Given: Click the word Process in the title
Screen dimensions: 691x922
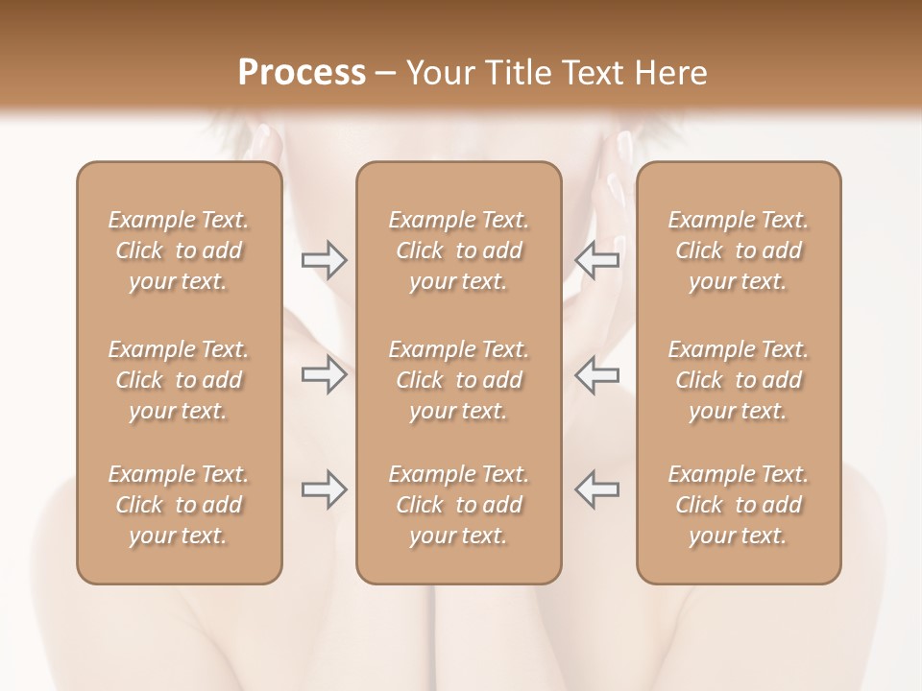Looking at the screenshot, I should click(x=302, y=73).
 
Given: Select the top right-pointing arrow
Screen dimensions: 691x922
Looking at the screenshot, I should click(x=324, y=259).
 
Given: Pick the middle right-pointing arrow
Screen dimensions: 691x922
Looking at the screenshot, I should click(x=324, y=374).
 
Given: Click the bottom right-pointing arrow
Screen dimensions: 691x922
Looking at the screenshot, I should click(x=324, y=489).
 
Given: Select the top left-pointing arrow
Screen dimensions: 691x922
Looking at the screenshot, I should click(x=597, y=259).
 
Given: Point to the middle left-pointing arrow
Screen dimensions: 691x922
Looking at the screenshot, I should click(x=597, y=374).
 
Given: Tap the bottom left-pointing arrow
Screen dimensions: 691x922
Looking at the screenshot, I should click(x=597, y=489).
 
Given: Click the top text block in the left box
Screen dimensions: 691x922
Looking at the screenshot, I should click(x=179, y=250).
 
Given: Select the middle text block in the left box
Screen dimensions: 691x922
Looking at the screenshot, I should click(x=179, y=380).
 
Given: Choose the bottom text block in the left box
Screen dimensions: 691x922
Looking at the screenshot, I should click(x=179, y=505).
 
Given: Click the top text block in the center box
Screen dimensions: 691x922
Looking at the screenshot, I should click(x=458, y=250).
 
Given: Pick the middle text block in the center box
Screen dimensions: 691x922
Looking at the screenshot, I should click(x=458, y=380).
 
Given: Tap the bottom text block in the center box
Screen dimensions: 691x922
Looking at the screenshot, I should click(x=458, y=505).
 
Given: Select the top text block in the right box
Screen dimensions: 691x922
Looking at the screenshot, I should click(x=738, y=250).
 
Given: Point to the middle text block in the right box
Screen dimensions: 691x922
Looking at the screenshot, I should click(x=738, y=380).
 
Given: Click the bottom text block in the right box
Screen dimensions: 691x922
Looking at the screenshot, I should click(x=738, y=505).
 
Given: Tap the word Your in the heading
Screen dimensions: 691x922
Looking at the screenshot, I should click(x=439, y=73).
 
